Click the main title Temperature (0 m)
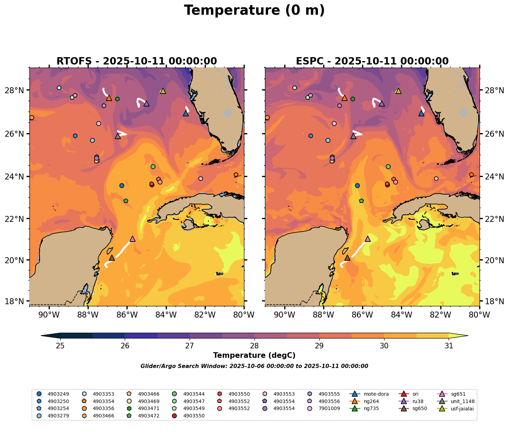tap(254, 11)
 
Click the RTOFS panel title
tap(136, 61)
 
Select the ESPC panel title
tap(372, 61)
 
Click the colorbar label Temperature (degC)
tap(254, 355)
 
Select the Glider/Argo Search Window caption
tap(254, 366)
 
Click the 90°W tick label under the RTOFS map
tap(48, 315)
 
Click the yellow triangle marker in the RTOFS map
tap(163, 91)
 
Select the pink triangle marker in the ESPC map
tap(368, 239)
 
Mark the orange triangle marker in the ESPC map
tap(344, 98)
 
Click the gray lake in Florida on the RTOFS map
tap(228, 113)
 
